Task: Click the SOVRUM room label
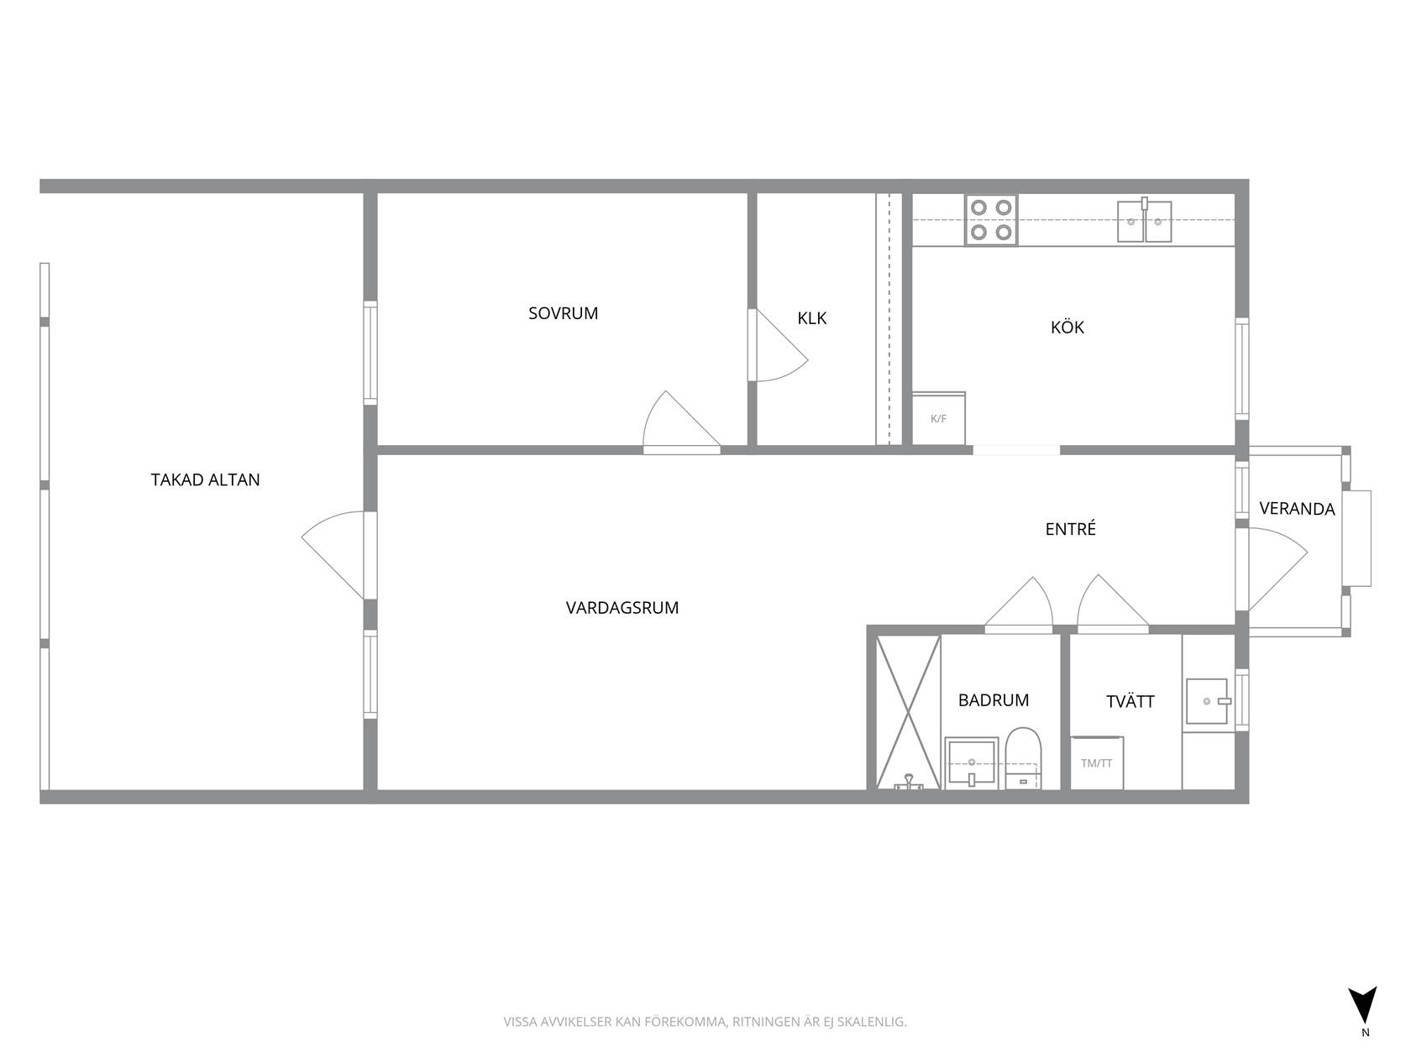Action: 563,313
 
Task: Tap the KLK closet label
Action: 811,318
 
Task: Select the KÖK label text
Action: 1067,327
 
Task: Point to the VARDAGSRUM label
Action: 622,608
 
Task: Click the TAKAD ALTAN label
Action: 205,479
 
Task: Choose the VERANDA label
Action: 1297,509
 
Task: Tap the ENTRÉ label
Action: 1070,529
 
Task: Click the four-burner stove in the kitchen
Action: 990,220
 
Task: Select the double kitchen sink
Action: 1144,221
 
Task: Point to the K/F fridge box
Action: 938,418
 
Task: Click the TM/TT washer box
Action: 1097,763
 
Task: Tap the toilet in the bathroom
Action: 1023,758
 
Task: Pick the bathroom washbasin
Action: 971,762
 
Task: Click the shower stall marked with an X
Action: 908,712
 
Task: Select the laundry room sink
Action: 1207,701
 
